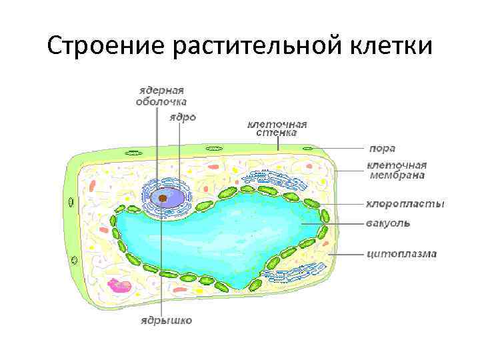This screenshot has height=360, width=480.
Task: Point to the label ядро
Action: coord(183,117)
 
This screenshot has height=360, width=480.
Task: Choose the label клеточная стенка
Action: coord(277,128)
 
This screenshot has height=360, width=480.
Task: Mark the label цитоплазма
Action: coord(401,253)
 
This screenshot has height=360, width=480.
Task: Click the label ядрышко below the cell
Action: coord(165,321)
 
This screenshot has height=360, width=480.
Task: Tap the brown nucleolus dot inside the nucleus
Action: coord(162,198)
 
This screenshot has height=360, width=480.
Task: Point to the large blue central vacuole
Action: coord(220,233)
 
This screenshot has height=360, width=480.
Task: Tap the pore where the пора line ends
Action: coord(307,149)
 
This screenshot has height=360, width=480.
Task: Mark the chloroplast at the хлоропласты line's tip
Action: coord(312,204)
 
